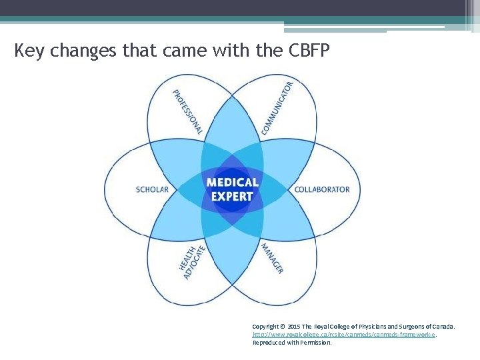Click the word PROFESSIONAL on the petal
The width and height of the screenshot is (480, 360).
(x=187, y=111)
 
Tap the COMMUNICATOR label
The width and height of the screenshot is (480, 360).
(x=277, y=108)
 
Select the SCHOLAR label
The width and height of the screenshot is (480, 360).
(x=152, y=189)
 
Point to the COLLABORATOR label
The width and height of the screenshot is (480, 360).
(x=322, y=189)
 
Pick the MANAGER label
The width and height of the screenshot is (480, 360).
(x=272, y=259)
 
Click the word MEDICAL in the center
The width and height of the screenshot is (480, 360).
(x=232, y=182)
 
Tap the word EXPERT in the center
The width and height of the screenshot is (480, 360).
(x=232, y=196)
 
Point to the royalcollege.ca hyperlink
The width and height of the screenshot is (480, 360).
(x=344, y=335)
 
